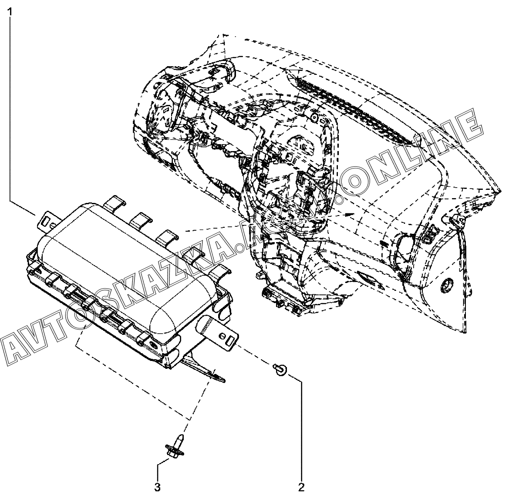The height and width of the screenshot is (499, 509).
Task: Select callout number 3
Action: tap(158, 486)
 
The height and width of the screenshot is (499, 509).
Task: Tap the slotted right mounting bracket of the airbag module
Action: tap(223, 337)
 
